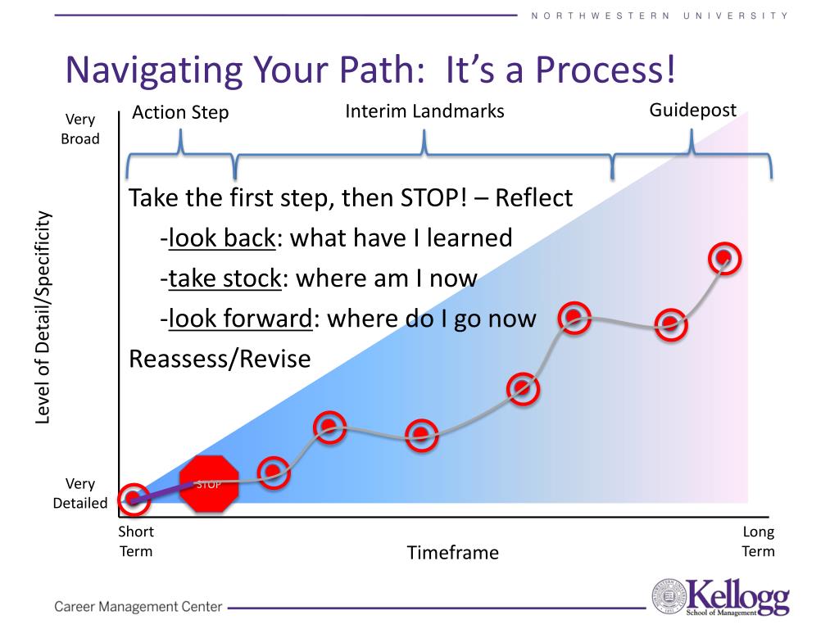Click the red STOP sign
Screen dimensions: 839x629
[209, 484]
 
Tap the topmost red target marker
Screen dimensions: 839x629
[724, 259]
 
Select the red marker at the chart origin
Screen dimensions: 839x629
[134, 499]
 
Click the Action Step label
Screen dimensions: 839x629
[180, 112]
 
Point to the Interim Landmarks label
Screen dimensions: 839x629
[424, 111]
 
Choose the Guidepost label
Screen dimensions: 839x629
[692, 111]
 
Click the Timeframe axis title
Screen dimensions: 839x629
[452, 553]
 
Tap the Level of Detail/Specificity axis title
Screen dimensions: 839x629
[43, 318]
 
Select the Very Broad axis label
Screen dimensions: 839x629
[80, 129]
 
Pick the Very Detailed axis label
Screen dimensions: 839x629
[80, 493]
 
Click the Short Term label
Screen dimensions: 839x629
[136, 541]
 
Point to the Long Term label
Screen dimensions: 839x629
[758, 541]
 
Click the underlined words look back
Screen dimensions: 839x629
[222, 238]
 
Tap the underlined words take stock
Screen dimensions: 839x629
[224, 278]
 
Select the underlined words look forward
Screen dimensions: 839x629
[240, 319]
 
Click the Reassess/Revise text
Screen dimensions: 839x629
[220, 359]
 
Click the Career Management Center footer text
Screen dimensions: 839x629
[138, 607]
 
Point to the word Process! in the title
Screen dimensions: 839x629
[605, 70]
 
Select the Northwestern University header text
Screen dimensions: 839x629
[660, 16]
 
